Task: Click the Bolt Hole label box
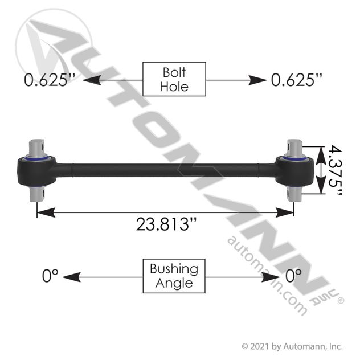[174, 79]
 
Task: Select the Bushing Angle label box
[174, 276]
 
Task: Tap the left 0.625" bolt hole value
[50, 80]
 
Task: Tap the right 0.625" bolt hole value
[297, 80]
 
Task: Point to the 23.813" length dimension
[166, 224]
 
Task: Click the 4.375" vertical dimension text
[335, 170]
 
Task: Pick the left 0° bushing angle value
[50, 276]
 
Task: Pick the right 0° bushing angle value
[293, 276]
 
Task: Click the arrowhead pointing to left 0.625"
[92, 80]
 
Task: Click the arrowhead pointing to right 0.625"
[257, 80]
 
